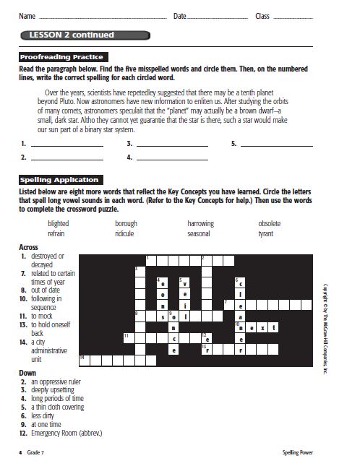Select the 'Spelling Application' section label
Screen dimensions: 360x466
(x=59, y=180)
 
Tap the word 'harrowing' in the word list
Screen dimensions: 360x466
(x=200, y=224)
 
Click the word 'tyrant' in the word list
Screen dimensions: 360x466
(x=266, y=234)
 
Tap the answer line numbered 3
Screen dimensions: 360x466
(x=172, y=144)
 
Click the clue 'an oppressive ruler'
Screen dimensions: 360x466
(x=56, y=381)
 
